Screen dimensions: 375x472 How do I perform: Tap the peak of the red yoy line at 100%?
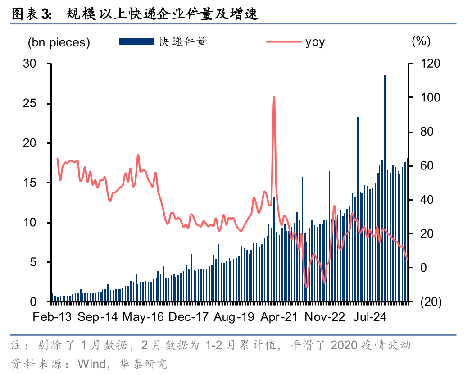pyautogui.click(x=274, y=98)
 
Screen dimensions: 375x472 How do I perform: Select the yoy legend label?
pyautogui.click(x=315, y=42)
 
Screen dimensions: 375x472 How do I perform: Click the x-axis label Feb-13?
pyautogui.click(x=52, y=317)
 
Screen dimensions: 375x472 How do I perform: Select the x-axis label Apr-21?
pyautogui.click(x=279, y=317)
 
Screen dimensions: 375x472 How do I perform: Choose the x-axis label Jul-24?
pyautogui.click(x=370, y=317)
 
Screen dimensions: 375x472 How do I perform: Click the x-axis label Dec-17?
pyautogui.click(x=188, y=317)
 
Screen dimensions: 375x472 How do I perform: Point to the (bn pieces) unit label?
pyautogui.click(x=59, y=43)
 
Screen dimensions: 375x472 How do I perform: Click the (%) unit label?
pyautogui.click(x=421, y=41)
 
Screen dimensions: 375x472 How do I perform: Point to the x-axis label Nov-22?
pyautogui.click(x=325, y=317)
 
